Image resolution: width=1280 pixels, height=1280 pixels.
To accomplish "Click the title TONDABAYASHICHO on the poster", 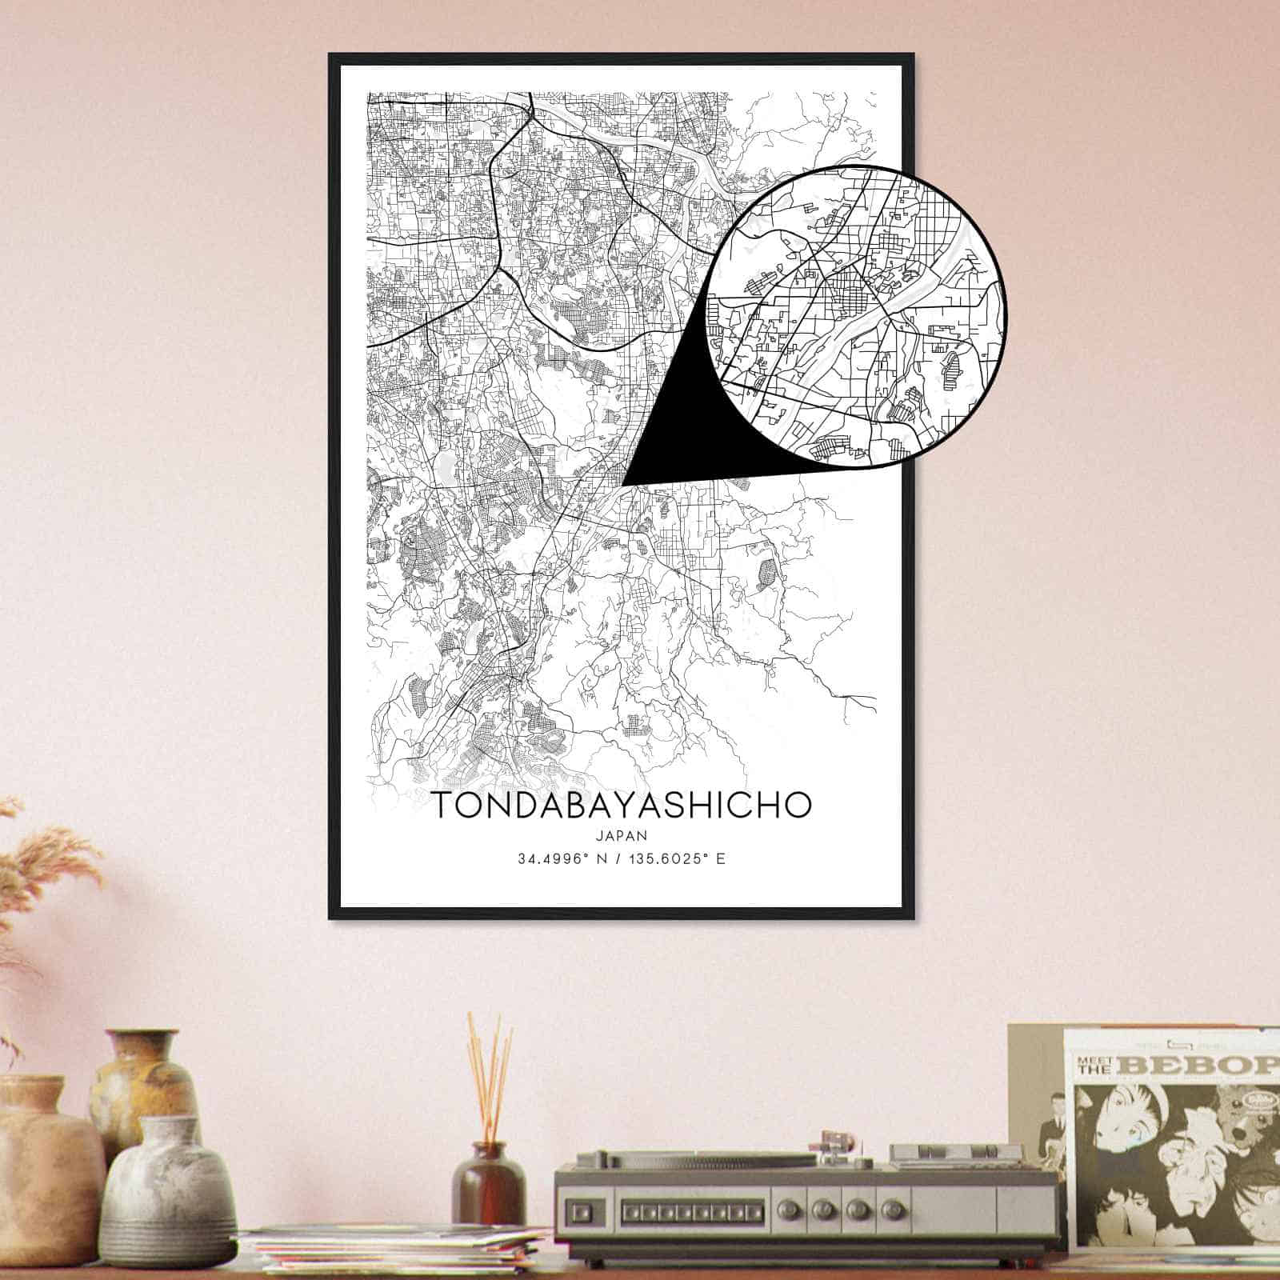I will (x=622, y=806).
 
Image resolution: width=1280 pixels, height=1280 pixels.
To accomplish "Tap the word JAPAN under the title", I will (x=622, y=835).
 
